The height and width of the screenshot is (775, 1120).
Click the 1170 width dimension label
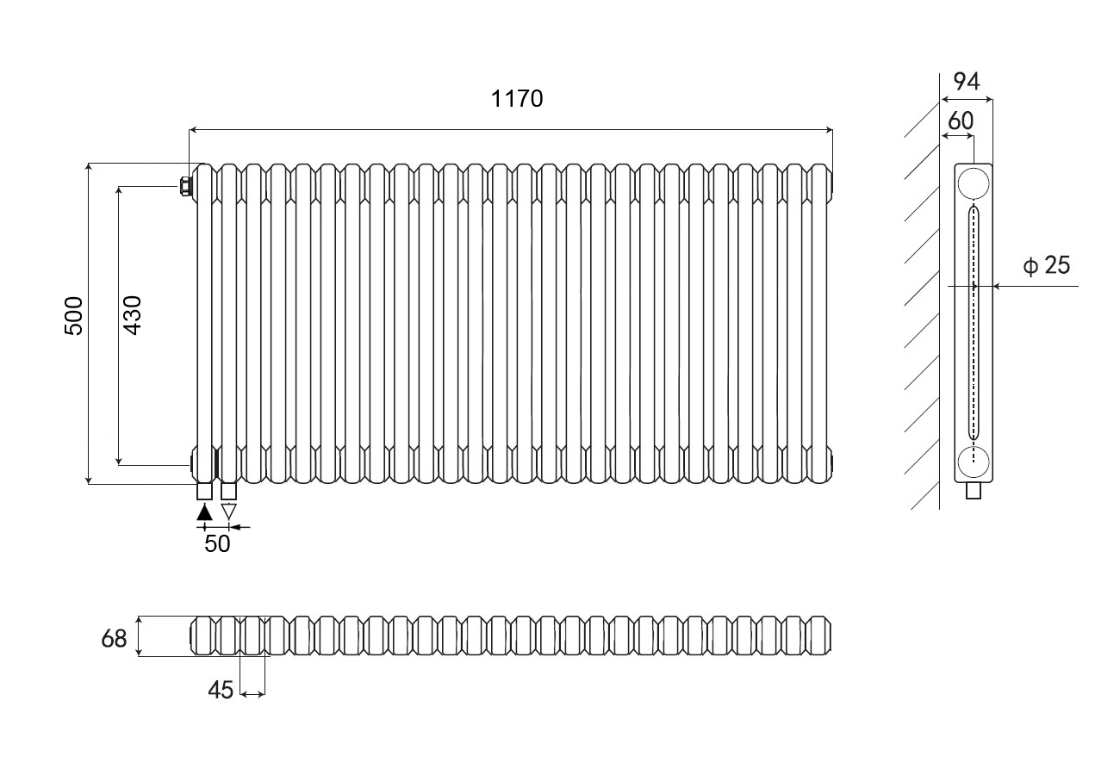click(x=517, y=99)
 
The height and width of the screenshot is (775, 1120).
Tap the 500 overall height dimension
click(x=74, y=316)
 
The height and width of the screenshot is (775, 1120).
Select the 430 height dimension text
click(x=133, y=315)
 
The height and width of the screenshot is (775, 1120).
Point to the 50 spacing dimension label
click(x=217, y=543)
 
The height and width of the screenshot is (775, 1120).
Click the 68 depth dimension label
click(x=114, y=639)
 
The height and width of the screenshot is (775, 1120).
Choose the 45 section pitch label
click(x=221, y=690)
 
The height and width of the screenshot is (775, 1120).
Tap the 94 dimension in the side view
click(x=967, y=82)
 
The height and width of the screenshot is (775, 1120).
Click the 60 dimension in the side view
click(x=961, y=121)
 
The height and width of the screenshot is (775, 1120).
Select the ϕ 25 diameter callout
click(x=1046, y=265)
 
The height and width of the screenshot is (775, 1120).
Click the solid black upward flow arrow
click(x=204, y=512)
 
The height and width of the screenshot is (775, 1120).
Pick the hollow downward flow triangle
click(x=228, y=512)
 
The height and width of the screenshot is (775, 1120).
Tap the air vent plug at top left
click(x=186, y=186)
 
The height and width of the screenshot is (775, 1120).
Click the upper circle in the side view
click(x=973, y=184)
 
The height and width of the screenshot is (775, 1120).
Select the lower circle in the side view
click(x=973, y=462)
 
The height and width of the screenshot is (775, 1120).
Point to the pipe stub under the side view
click(x=974, y=491)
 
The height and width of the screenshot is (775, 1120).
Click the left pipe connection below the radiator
click(x=204, y=491)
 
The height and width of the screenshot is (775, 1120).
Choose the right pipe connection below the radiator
click(x=228, y=491)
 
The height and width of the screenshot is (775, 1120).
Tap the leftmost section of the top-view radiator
click(x=203, y=635)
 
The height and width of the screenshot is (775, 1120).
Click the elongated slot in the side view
click(x=973, y=322)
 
